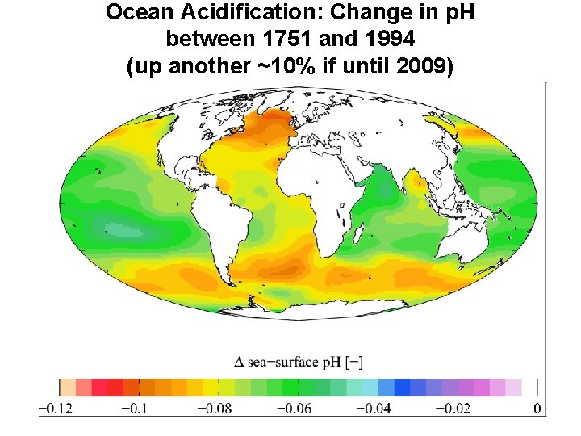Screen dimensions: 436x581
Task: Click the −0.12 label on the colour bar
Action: [x=56, y=409]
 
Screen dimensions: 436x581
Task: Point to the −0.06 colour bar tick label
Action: [x=295, y=409]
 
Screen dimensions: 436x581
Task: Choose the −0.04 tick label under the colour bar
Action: [x=374, y=409]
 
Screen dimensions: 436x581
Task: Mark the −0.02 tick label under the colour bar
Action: [x=454, y=409]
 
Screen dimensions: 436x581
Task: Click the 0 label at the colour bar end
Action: [x=537, y=409]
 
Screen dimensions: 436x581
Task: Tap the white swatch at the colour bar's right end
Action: [x=529, y=388]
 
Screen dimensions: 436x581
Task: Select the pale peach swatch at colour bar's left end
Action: [x=68, y=388]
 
